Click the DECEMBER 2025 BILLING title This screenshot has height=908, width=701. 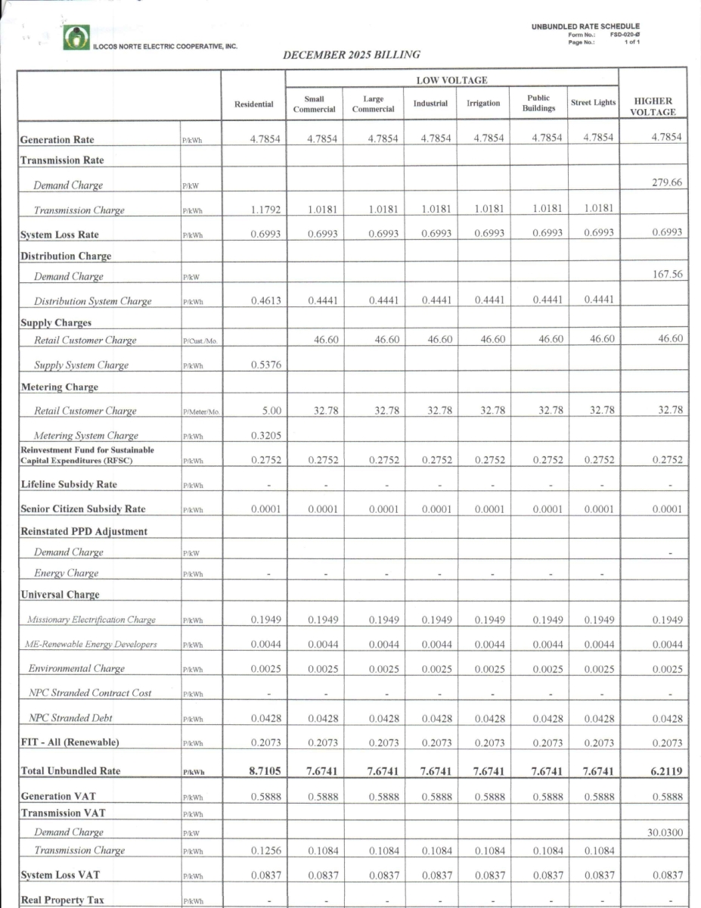click(x=351, y=55)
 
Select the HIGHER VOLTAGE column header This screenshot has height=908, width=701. click(x=653, y=107)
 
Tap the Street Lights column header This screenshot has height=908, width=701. click(x=594, y=103)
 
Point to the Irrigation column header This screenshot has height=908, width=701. click(x=482, y=104)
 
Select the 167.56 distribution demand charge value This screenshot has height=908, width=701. click(x=666, y=275)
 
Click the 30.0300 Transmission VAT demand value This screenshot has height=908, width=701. click(x=663, y=832)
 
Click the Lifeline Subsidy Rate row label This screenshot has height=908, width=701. click(x=68, y=484)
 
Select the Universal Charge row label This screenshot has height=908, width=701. click(x=60, y=595)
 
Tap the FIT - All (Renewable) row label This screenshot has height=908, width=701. click(x=70, y=742)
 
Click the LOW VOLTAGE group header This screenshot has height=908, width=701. click(x=451, y=80)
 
